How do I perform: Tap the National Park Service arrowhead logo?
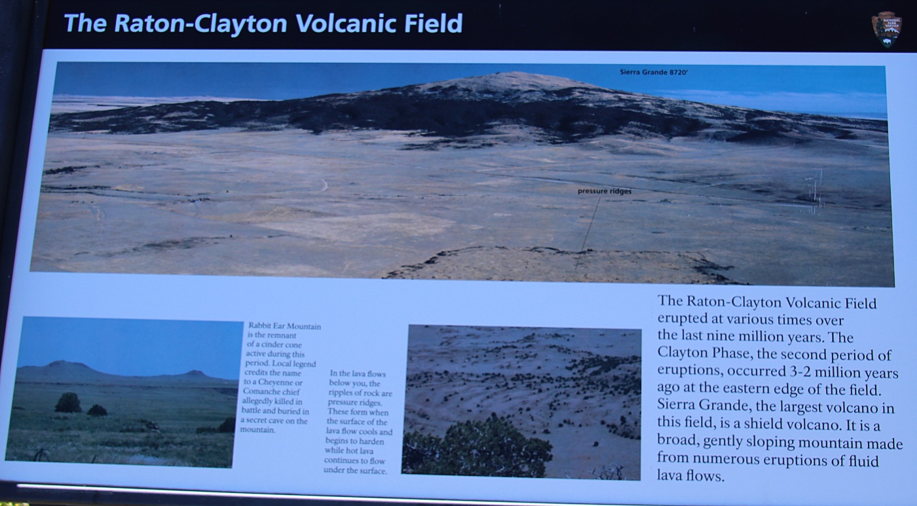click(x=886, y=29)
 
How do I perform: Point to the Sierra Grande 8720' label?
click(x=654, y=73)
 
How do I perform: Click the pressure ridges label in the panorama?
click(x=604, y=191)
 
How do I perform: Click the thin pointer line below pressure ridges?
click(x=588, y=233)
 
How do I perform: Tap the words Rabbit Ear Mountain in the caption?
click(x=284, y=326)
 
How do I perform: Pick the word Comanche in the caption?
click(x=259, y=392)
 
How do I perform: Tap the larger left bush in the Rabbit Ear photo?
click(x=68, y=403)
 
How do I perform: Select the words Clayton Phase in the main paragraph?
click(x=703, y=353)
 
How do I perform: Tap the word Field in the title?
click(x=434, y=24)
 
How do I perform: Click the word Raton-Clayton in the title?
click(x=201, y=24)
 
